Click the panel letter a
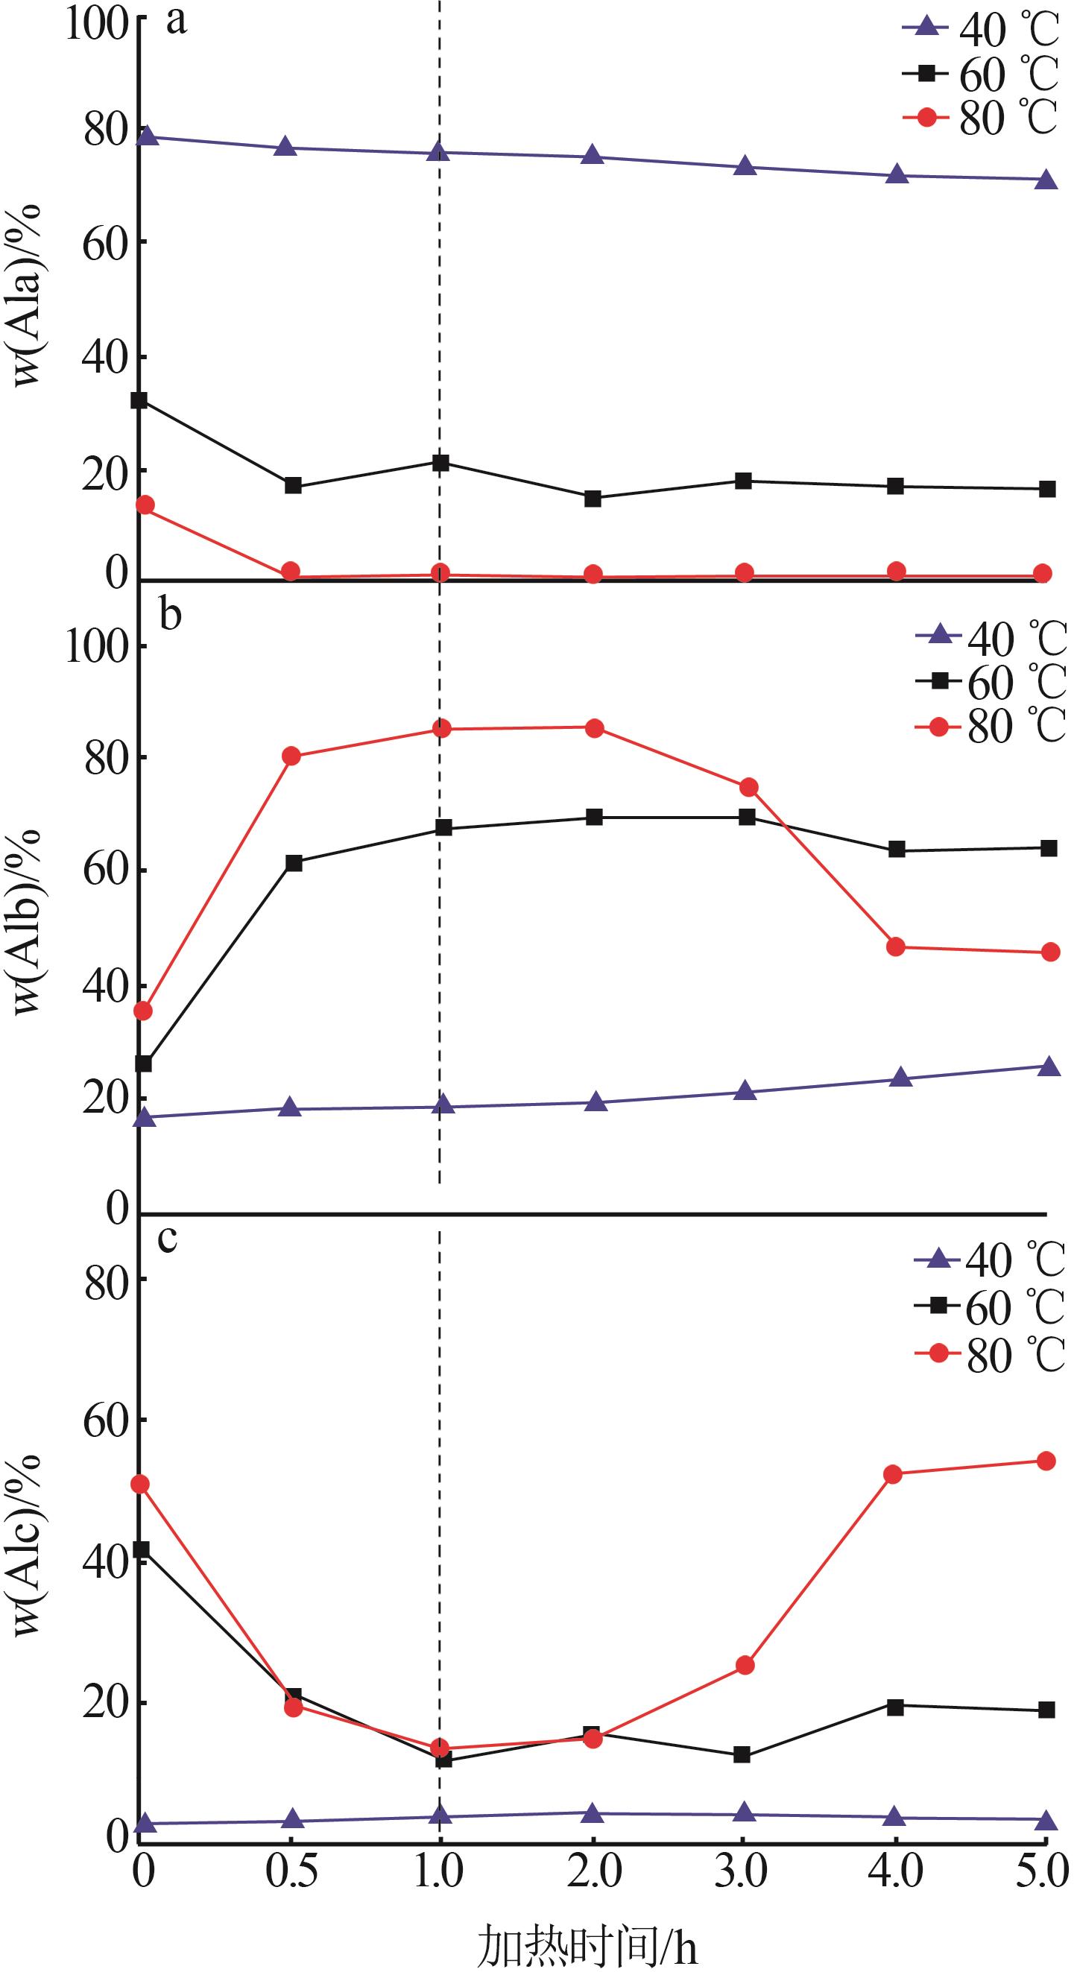(177, 22)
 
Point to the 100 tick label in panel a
(95, 23)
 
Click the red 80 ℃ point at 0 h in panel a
(145, 505)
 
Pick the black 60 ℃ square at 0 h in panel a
(140, 400)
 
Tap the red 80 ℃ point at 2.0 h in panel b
(594, 728)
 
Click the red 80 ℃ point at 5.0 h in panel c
(1046, 1461)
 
